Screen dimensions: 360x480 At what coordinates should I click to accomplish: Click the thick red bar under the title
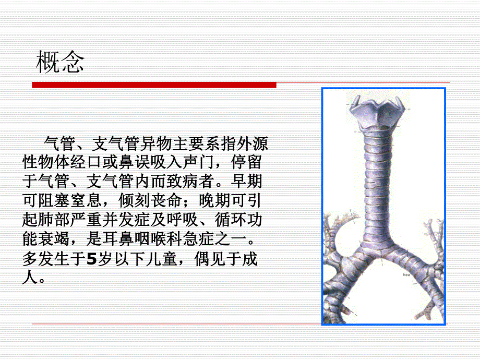[154, 85]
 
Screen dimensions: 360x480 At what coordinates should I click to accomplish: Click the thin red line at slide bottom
[240, 325]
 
